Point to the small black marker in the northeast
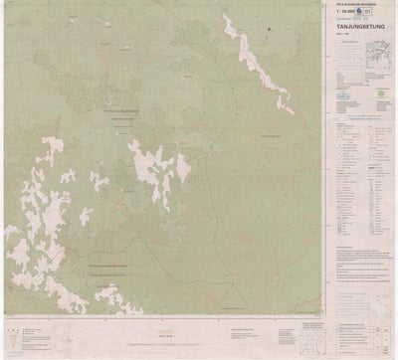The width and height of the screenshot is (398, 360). [x=269, y=32]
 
